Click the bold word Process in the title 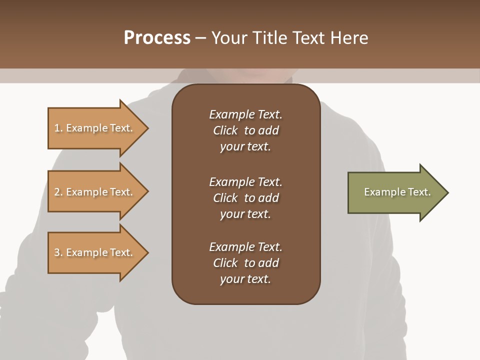click(157, 38)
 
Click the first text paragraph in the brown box click(245, 130)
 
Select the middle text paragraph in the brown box click(245, 198)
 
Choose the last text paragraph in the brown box click(245, 263)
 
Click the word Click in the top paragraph click(225, 130)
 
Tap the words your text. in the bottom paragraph click(245, 279)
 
